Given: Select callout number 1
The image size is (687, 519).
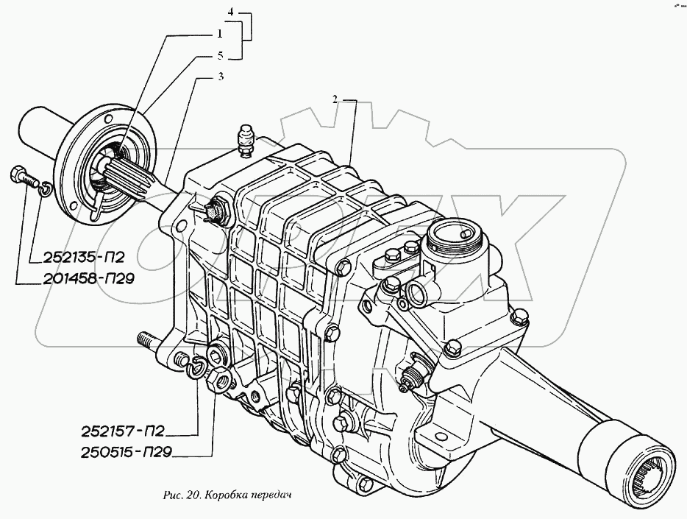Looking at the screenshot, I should point(219,34).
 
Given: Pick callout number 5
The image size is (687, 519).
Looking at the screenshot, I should point(219,56).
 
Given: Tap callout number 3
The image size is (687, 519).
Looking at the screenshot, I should point(221,77).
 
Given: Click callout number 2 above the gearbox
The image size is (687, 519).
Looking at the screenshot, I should point(335,99).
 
